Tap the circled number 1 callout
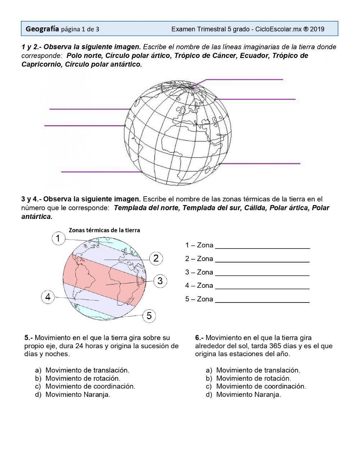pos(58,238)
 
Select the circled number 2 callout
pos(156,258)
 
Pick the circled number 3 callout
pos(160,281)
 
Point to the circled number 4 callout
pos(48,297)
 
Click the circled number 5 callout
pos(149,316)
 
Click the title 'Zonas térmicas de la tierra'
pos(104,230)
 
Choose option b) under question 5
pos(83,378)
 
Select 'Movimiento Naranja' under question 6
pos(248,394)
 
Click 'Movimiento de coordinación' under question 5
pos(90,386)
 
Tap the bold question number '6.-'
pos(199,338)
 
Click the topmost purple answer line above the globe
pos(245,80)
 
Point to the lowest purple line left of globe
pos(101,172)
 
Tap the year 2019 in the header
pos(317,29)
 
